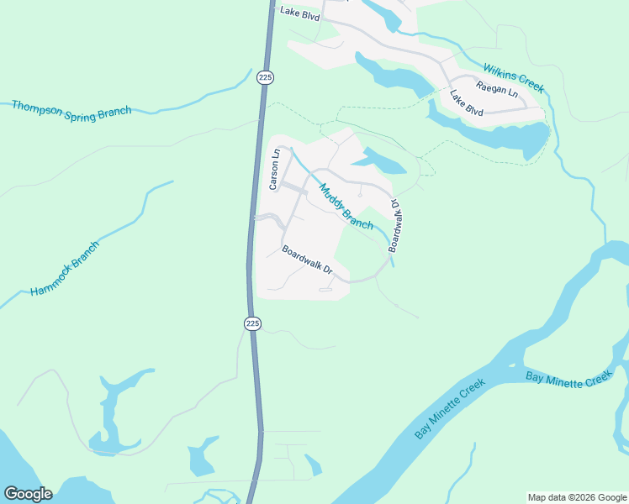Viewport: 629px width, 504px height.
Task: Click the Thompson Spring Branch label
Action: click(x=71, y=110)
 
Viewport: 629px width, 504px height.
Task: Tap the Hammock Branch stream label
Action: click(x=65, y=269)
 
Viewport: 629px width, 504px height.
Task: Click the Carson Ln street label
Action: click(x=272, y=170)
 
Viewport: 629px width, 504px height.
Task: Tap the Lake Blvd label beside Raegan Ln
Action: click(x=467, y=103)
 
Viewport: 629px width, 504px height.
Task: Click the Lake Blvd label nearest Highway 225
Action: click(x=300, y=13)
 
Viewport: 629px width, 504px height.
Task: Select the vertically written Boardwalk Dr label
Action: click(x=394, y=226)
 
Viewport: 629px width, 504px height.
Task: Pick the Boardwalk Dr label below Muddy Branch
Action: click(x=308, y=260)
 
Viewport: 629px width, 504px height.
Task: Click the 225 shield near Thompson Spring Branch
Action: click(x=266, y=77)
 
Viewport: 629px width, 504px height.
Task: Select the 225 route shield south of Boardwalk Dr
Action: click(x=253, y=323)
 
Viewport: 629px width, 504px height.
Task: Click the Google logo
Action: click(x=28, y=494)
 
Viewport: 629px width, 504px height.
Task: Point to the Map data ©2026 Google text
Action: click(x=576, y=497)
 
